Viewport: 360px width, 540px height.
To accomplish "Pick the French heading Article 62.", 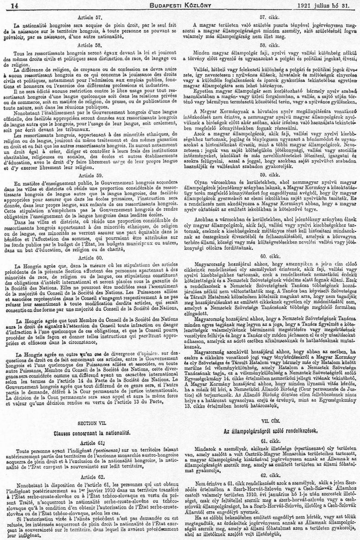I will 93,464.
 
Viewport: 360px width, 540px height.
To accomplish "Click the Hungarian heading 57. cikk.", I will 269,16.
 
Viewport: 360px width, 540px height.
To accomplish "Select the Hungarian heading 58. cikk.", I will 269,46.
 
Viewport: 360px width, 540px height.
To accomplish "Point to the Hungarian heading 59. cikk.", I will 269,162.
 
